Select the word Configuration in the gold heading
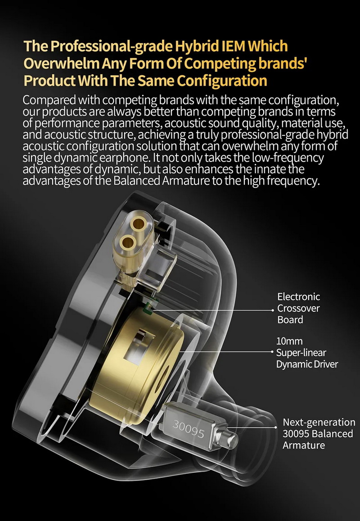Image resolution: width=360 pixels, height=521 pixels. [229, 81]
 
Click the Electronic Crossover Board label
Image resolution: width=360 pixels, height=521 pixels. [298, 308]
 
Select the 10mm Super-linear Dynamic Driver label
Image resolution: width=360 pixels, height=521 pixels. [306, 353]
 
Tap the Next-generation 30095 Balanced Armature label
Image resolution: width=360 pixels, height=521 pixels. [319, 434]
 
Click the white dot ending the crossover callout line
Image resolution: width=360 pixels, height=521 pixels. [273, 310]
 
